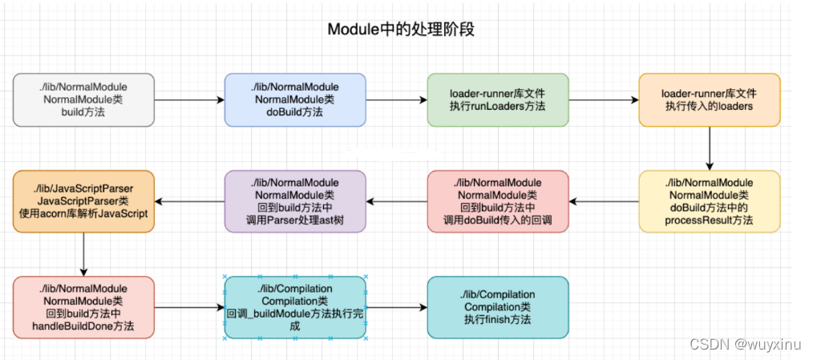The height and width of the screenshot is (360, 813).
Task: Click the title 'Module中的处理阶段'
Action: pos(406,30)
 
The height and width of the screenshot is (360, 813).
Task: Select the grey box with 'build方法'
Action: pos(83,100)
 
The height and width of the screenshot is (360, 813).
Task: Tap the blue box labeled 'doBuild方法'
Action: pos(295,100)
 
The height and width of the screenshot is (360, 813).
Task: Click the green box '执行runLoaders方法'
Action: pos(497,100)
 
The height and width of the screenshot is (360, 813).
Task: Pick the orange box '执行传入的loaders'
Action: pos(709,100)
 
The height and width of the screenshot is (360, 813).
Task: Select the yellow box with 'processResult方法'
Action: pos(709,201)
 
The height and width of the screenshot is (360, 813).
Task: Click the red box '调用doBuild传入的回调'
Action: pos(497,201)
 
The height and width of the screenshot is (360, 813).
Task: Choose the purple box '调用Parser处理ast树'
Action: pos(295,201)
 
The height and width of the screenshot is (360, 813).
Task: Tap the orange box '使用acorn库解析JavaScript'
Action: pos(83,201)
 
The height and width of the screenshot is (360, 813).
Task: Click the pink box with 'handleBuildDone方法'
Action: pos(83,306)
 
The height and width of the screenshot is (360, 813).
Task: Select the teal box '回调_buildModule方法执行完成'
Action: pos(295,306)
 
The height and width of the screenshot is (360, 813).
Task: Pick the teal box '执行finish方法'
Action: pos(497,306)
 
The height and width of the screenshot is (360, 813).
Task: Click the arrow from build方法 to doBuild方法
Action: pos(189,100)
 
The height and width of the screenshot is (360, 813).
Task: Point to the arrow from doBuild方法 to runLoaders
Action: pos(396,100)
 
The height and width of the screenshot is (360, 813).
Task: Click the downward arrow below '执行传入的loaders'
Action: pos(709,148)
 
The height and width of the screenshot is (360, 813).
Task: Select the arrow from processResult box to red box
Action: pos(603,201)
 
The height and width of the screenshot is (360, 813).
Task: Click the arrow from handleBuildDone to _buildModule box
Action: pos(189,306)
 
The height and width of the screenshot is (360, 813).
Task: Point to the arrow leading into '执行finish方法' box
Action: pos(396,306)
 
